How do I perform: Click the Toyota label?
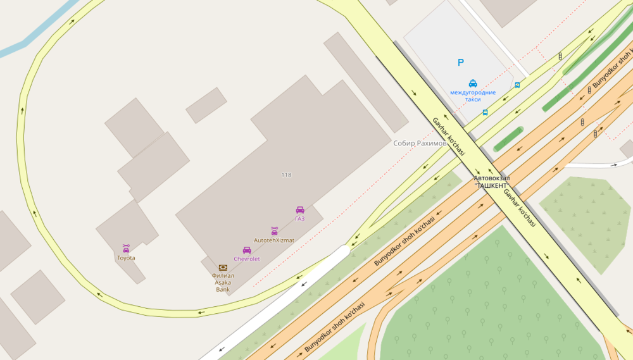126,258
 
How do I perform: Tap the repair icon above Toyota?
126,248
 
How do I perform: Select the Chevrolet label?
247,259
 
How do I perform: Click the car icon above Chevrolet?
247,250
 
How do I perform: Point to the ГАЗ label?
300,219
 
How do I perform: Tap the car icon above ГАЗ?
300,209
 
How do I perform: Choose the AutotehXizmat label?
274,240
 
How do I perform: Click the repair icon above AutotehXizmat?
274,231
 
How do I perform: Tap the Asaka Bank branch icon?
223,268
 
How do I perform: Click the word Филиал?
223,276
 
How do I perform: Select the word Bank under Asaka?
223,290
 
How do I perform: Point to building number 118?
286,175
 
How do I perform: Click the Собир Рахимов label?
420,144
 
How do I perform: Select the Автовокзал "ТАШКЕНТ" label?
491,182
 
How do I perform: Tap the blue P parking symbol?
461,63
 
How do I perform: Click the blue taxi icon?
473,83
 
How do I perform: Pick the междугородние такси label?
473,96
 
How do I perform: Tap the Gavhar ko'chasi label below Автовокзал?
520,209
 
